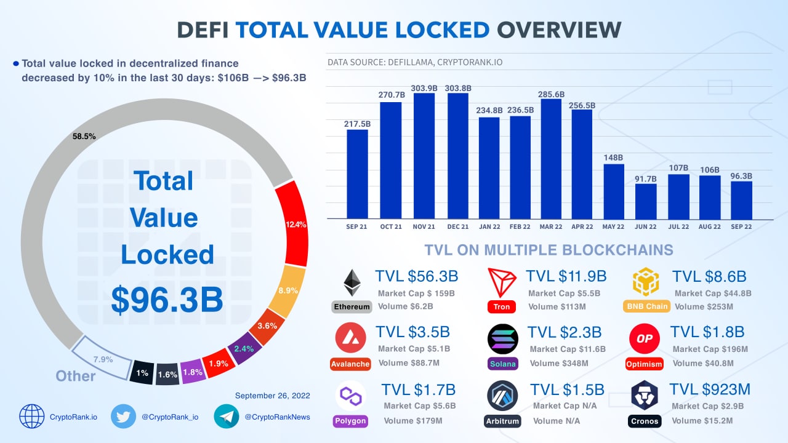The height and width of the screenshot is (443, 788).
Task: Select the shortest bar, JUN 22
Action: click(x=646, y=201)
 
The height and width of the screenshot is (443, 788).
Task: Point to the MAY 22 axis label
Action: click(x=613, y=227)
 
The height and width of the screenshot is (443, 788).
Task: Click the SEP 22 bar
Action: click(x=742, y=200)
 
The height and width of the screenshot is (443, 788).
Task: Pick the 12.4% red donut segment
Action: click(x=293, y=225)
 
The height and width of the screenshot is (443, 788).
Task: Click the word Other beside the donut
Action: click(x=76, y=376)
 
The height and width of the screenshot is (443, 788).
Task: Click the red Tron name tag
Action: click(x=501, y=306)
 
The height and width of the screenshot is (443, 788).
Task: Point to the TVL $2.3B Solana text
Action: click(x=564, y=333)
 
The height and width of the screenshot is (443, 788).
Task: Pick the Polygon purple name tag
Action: click(x=350, y=421)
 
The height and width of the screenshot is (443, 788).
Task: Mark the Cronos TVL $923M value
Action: click(x=710, y=389)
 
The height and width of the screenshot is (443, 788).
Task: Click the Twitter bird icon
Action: click(x=123, y=416)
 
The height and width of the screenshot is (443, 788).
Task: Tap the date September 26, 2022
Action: click(x=272, y=396)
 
